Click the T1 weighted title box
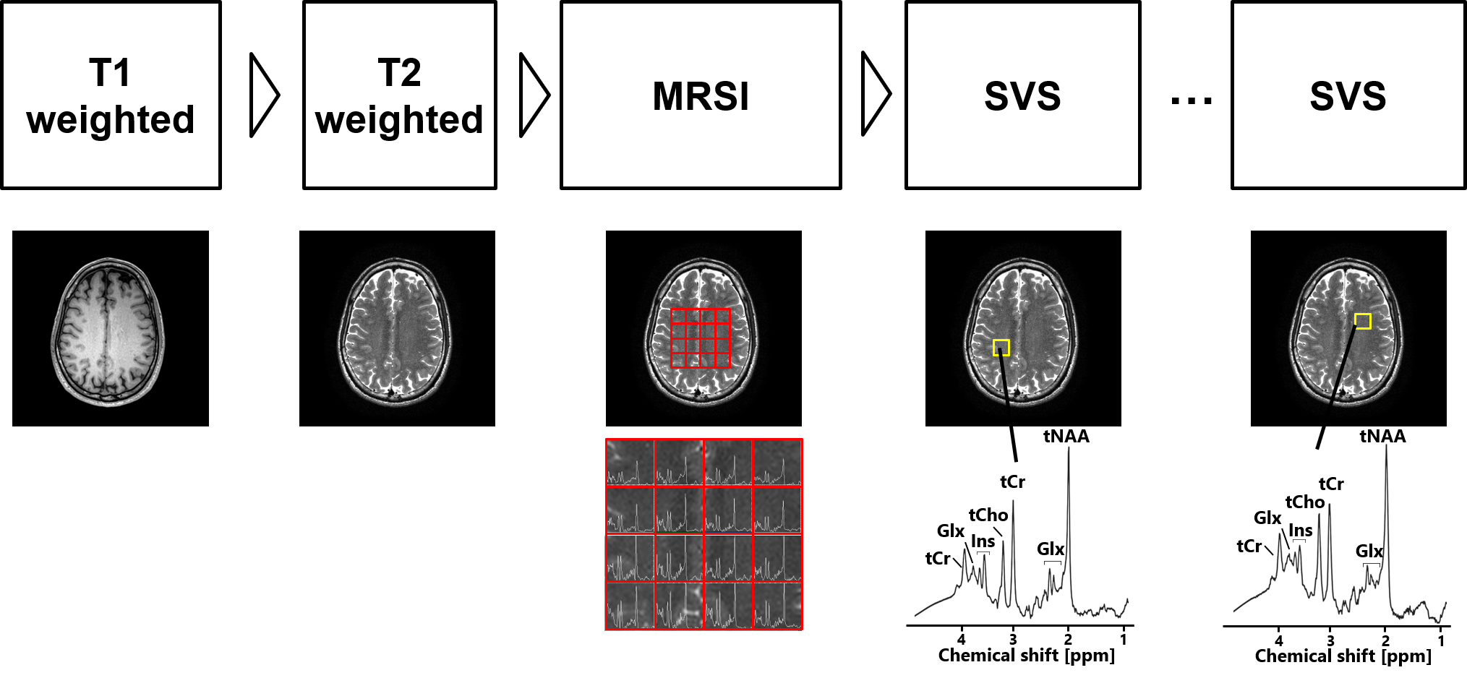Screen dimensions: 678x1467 pos(111,95)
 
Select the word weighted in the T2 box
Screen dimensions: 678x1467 pos(399,120)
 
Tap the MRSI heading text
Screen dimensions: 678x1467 pos(701,96)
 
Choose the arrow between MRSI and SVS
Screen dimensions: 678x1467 pos(875,95)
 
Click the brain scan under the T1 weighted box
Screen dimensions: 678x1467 pos(108,331)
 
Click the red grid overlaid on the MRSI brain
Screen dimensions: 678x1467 pos(701,338)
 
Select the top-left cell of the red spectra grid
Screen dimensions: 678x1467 pos(630,463)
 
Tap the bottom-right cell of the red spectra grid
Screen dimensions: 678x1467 pos(778,606)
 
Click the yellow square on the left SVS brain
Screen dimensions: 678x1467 pos(1001,348)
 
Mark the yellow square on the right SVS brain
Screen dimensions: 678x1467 pos(1363,321)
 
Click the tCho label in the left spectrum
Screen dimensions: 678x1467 pos(988,515)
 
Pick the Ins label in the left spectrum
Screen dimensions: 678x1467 pos(983,541)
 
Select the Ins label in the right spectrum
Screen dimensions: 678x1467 pos(1301,531)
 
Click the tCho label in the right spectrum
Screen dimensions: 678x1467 pos(1305,502)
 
